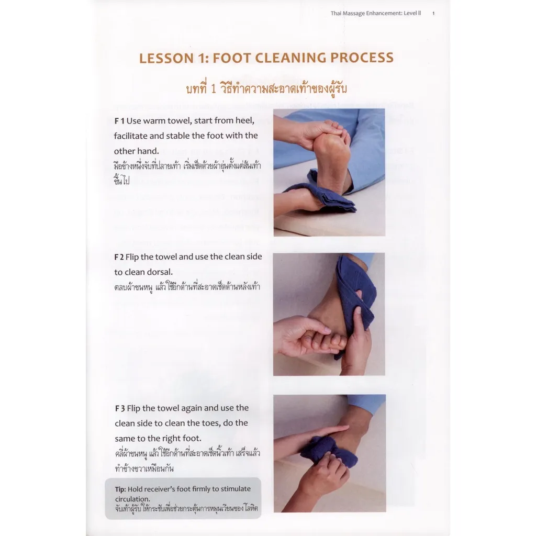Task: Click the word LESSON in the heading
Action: [166, 58]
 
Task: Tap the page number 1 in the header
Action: [433, 13]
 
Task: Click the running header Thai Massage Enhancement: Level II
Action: [376, 13]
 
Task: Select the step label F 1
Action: [119, 121]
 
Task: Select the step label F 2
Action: [119, 256]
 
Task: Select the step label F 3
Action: [120, 408]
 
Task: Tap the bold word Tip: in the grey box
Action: [120, 489]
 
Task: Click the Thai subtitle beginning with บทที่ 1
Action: [266, 89]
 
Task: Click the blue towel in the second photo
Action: [355, 294]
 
